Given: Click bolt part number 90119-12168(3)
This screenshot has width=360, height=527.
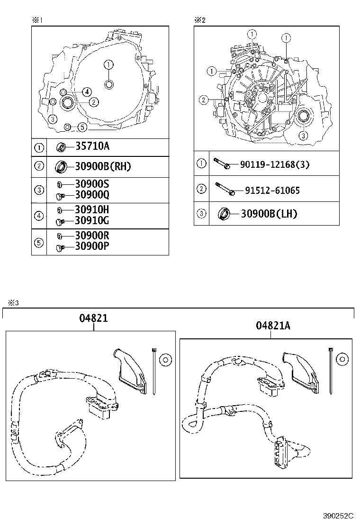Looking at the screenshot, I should click(x=275, y=164).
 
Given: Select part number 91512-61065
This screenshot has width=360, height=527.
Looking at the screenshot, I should click(x=272, y=191).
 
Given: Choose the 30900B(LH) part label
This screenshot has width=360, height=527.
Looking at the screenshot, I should click(x=269, y=214).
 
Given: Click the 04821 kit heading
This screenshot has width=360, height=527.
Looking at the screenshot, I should click(x=93, y=318).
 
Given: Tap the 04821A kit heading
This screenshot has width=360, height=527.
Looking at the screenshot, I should click(x=273, y=325).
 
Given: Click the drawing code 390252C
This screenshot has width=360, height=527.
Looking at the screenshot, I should click(x=338, y=515).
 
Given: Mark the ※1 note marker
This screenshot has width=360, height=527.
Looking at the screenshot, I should click(x=37, y=20).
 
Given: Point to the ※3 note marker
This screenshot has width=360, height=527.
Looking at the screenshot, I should click(x=12, y=303).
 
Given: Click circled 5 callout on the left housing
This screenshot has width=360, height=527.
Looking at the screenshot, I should click(x=82, y=127).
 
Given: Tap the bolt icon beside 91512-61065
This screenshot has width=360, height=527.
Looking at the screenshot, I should click(x=225, y=189).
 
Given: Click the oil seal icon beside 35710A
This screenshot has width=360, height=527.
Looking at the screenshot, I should click(x=62, y=147).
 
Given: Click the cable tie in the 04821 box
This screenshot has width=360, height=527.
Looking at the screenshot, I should click(x=154, y=370).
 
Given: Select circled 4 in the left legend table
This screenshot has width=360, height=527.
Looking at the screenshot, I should click(x=39, y=217).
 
